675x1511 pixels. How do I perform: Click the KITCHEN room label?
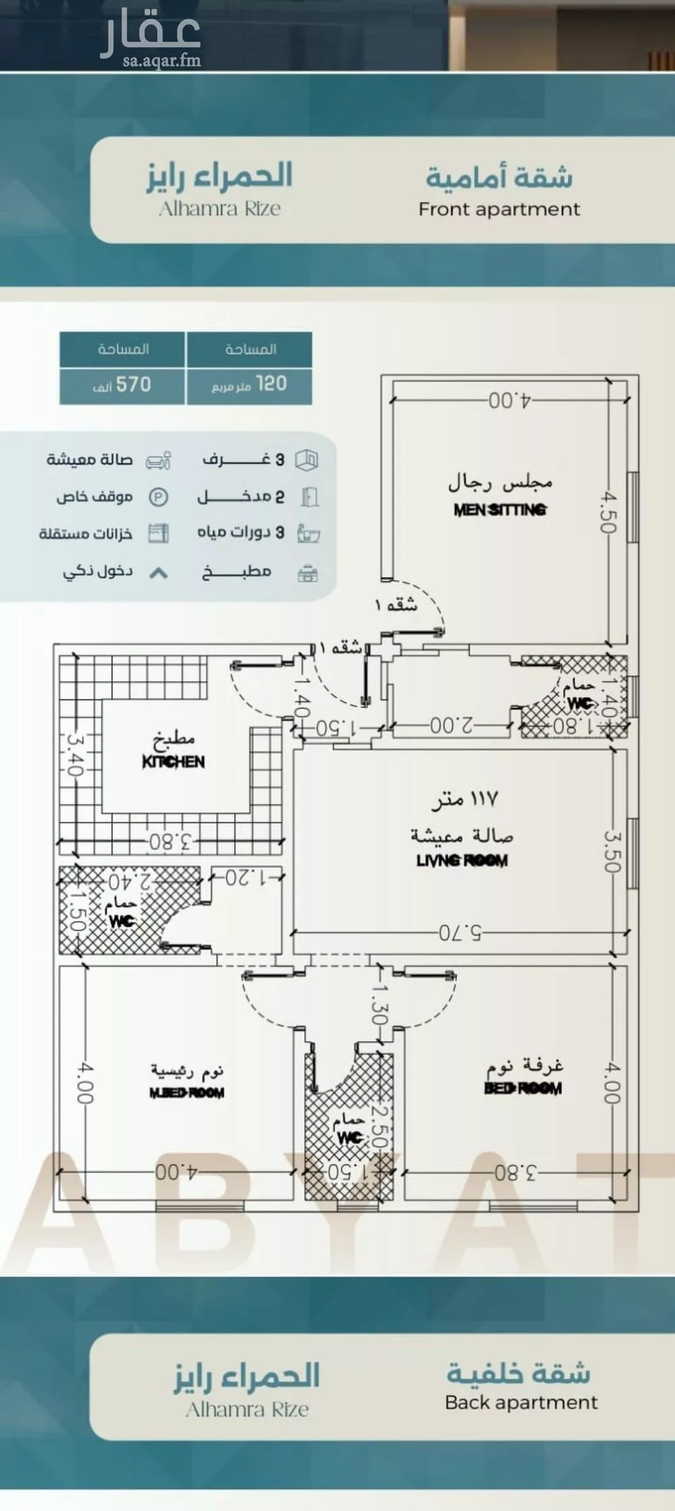pyautogui.click(x=173, y=762)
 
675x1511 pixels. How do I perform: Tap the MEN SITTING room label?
pyautogui.click(x=500, y=510)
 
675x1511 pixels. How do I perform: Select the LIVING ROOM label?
pyautogui.click(x=462, y=860)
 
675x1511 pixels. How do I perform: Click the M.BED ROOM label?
pyautogui.click(x=187, y=1093)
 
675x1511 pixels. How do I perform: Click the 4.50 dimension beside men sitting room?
pyautogui.click(x=609, y=512)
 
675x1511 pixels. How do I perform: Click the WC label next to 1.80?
pyautogui.click(x=579, y=703)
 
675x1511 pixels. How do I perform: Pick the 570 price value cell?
pyautogui.click(x=122, y=385)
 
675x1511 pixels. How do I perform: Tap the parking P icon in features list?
pyautogui.click(x=158, y=498)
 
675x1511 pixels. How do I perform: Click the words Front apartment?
pyautogui.click(x=499, y=209)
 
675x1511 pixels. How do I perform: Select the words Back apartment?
pyautogui.click(x=521, y=1402)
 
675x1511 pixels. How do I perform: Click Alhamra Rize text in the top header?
pyautogui.click(x=220, y=209)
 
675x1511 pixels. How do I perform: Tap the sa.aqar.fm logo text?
pyautogui.click(x=162, y=61)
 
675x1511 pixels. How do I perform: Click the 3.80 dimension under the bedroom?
pyautogui.click(x=516, y=1172)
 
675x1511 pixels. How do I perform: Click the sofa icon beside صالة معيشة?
pyautogui.click(x=159, y=461)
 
